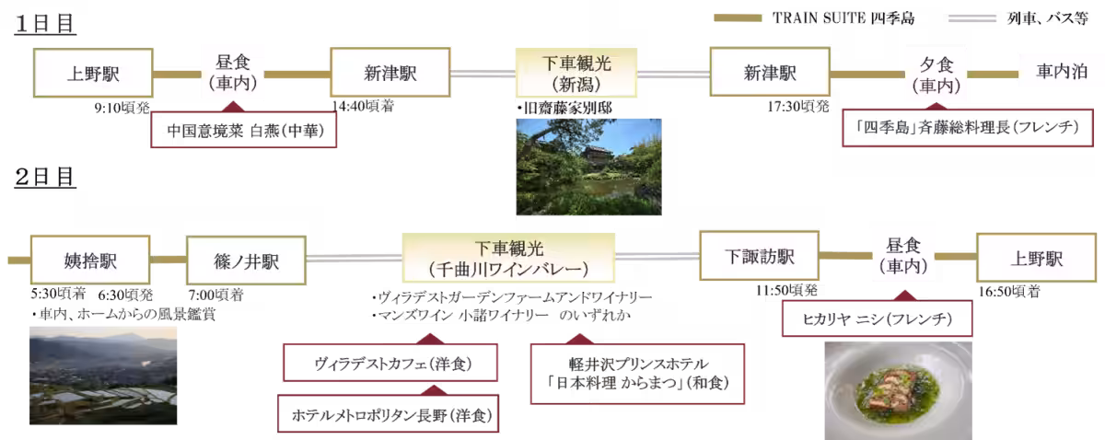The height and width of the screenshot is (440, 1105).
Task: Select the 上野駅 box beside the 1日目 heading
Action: (x=93, y=74)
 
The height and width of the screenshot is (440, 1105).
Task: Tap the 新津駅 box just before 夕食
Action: (x=769, y=74)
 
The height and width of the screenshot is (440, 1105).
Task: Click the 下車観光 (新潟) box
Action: (x=576, y=74)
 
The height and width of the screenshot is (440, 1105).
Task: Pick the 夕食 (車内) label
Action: (x=936, y=75)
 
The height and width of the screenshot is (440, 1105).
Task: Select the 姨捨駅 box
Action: (x=91, y=260)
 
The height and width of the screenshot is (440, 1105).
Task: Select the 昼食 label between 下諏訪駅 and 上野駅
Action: (x=902, y=256)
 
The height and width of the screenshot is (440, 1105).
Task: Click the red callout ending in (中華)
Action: (x=243, y=130)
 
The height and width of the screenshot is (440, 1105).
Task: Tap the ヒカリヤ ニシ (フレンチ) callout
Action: (x=877, y=319)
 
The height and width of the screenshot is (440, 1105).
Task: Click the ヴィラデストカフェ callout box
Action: (x=391, y=364)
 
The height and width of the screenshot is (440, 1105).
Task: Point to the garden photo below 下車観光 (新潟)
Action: (x=587, y=167)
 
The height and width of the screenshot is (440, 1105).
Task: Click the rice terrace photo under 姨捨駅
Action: (x=102, y=374)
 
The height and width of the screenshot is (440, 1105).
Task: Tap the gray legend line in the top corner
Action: (x=973, y=17)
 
